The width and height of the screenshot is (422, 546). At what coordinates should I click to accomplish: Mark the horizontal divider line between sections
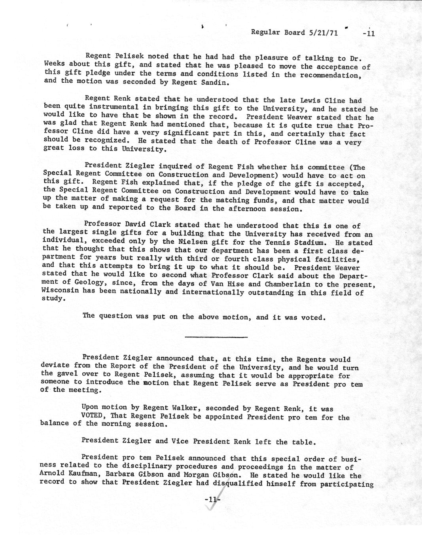[216, 337]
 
